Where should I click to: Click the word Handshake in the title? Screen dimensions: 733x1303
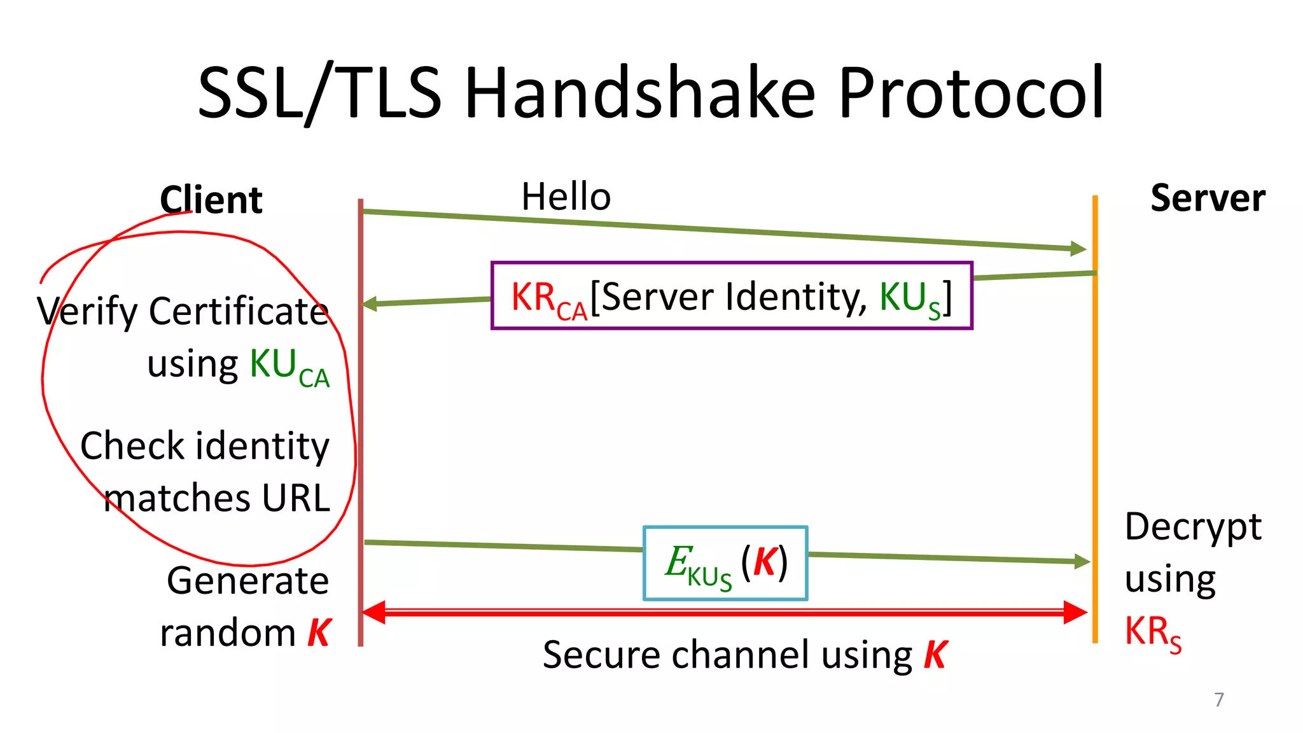pyautogui.click(x=639, y=94)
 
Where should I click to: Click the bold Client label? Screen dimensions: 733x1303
pyautogui.click(x=211, y=200)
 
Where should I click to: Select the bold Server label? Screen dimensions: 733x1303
pyautogui.click(x=1207, y=199)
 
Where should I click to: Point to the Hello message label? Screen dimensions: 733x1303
pyautogui.click(x=566, y=197)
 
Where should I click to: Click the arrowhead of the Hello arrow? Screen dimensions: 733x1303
pyautogui.click(x=1078, y=249)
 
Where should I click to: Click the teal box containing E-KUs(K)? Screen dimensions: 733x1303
pyautogui.click(x=725, y=563)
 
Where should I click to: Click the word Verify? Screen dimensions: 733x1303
pyautogui.click(x=87, y=312)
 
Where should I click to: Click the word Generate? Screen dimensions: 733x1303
pyautogui.click(x=247, y=581)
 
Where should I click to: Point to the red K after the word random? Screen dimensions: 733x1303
pyautogui.click(x=319, y=633)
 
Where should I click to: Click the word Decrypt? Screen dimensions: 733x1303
pyautogui.click(x=1192, y=527)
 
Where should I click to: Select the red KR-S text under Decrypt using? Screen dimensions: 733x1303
pyautogui.click(x=1152, y=632)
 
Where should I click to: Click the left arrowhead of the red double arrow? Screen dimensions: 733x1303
pyautogui.click(x=374, y=612)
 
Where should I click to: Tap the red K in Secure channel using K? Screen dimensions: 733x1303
pyautogui.click(x=935, y=655)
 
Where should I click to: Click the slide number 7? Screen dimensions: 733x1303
pyautogui.click(x=1218, y=699)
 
